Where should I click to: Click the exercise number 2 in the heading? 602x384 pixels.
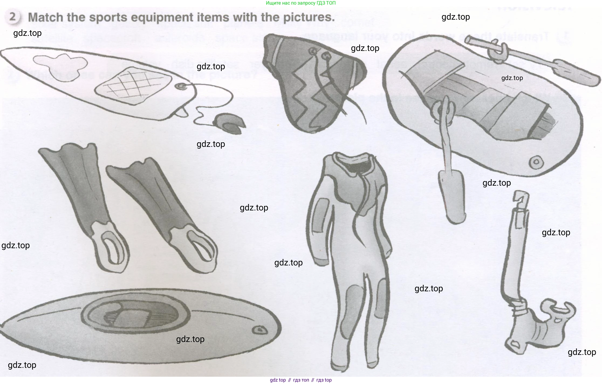click(x=12, y=17)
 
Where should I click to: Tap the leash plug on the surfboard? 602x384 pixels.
click(x=180, y=87)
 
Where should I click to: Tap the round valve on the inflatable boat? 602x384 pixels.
click(x=536, y=162)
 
